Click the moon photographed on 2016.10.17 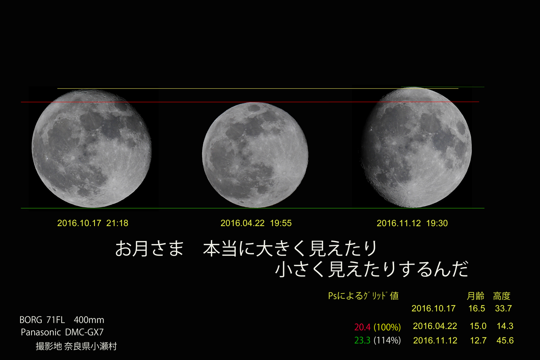coord(92,149)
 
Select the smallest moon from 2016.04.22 coord(255,155)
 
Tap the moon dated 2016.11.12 coord(416,148)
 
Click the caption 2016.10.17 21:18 coord(93,223)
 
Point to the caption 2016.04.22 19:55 coord(256,223)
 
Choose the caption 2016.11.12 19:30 coord(412,223)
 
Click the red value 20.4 coord(362,327)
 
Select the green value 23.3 coord(362,340)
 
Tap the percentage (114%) coord(388,340)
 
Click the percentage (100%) coord(388,327)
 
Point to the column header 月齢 coord(475,296)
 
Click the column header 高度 coord(501,296)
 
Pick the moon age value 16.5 coord(476,308)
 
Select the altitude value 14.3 coord(505,326)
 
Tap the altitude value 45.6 coord(505,340)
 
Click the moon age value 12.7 coord(478,340)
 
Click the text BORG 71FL coord(42,320)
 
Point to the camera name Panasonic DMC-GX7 coord(62,332)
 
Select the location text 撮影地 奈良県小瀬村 coord(76,346)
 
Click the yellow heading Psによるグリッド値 coord(363,296)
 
